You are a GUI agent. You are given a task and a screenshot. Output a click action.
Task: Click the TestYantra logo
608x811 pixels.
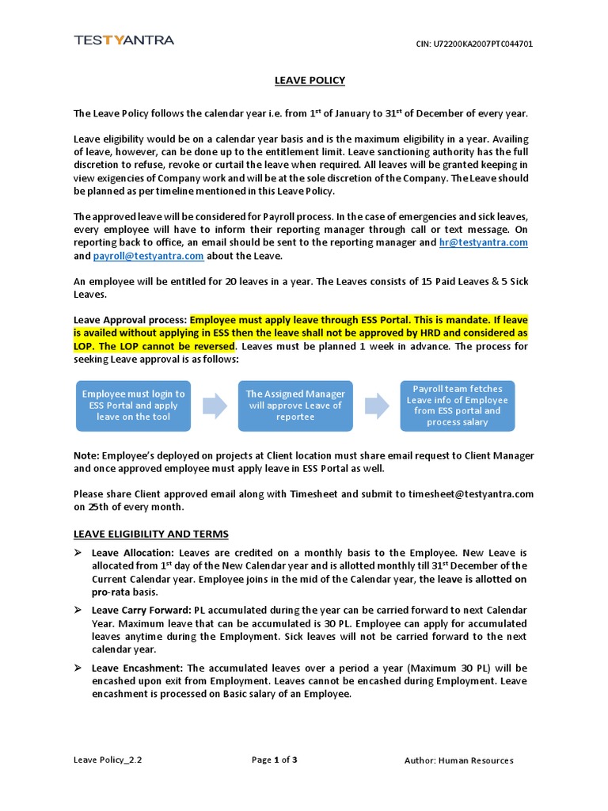tap(123, 40)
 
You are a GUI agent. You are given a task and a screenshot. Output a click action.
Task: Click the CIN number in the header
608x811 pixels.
tap(474, 44)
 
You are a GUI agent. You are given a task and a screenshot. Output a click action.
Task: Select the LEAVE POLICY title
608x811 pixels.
tap(310, 80)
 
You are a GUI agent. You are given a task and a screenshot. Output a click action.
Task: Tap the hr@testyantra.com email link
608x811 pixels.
tap(484, 242)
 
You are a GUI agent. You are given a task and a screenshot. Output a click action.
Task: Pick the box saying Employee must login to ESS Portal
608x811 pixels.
tap(133, 405)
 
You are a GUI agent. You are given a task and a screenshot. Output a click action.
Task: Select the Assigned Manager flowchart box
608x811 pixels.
tap(295, 405)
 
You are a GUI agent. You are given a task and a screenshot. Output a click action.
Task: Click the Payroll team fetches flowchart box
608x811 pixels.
tap(458, 405)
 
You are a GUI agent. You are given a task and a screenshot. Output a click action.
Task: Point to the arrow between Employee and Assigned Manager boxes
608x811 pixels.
tap(215, 405)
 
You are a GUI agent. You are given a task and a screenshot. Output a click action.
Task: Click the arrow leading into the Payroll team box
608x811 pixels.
tap(377, 405)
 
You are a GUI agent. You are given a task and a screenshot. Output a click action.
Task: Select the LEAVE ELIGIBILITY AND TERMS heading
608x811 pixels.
tap(151, 534)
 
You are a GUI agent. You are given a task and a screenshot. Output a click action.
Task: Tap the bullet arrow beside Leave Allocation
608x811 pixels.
tap(78, 552)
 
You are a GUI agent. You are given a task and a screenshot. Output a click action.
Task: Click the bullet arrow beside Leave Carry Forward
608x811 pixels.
tap(78, 611)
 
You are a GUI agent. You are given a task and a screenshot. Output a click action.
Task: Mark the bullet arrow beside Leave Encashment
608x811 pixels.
tap(78, 668)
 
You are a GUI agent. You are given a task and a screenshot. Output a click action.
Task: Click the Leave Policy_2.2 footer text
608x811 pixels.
tap(108, 760)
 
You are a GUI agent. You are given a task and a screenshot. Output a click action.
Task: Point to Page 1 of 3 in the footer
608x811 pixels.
tap(274, 760)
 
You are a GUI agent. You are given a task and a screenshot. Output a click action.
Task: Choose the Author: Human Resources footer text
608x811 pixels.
tap(458, 760)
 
